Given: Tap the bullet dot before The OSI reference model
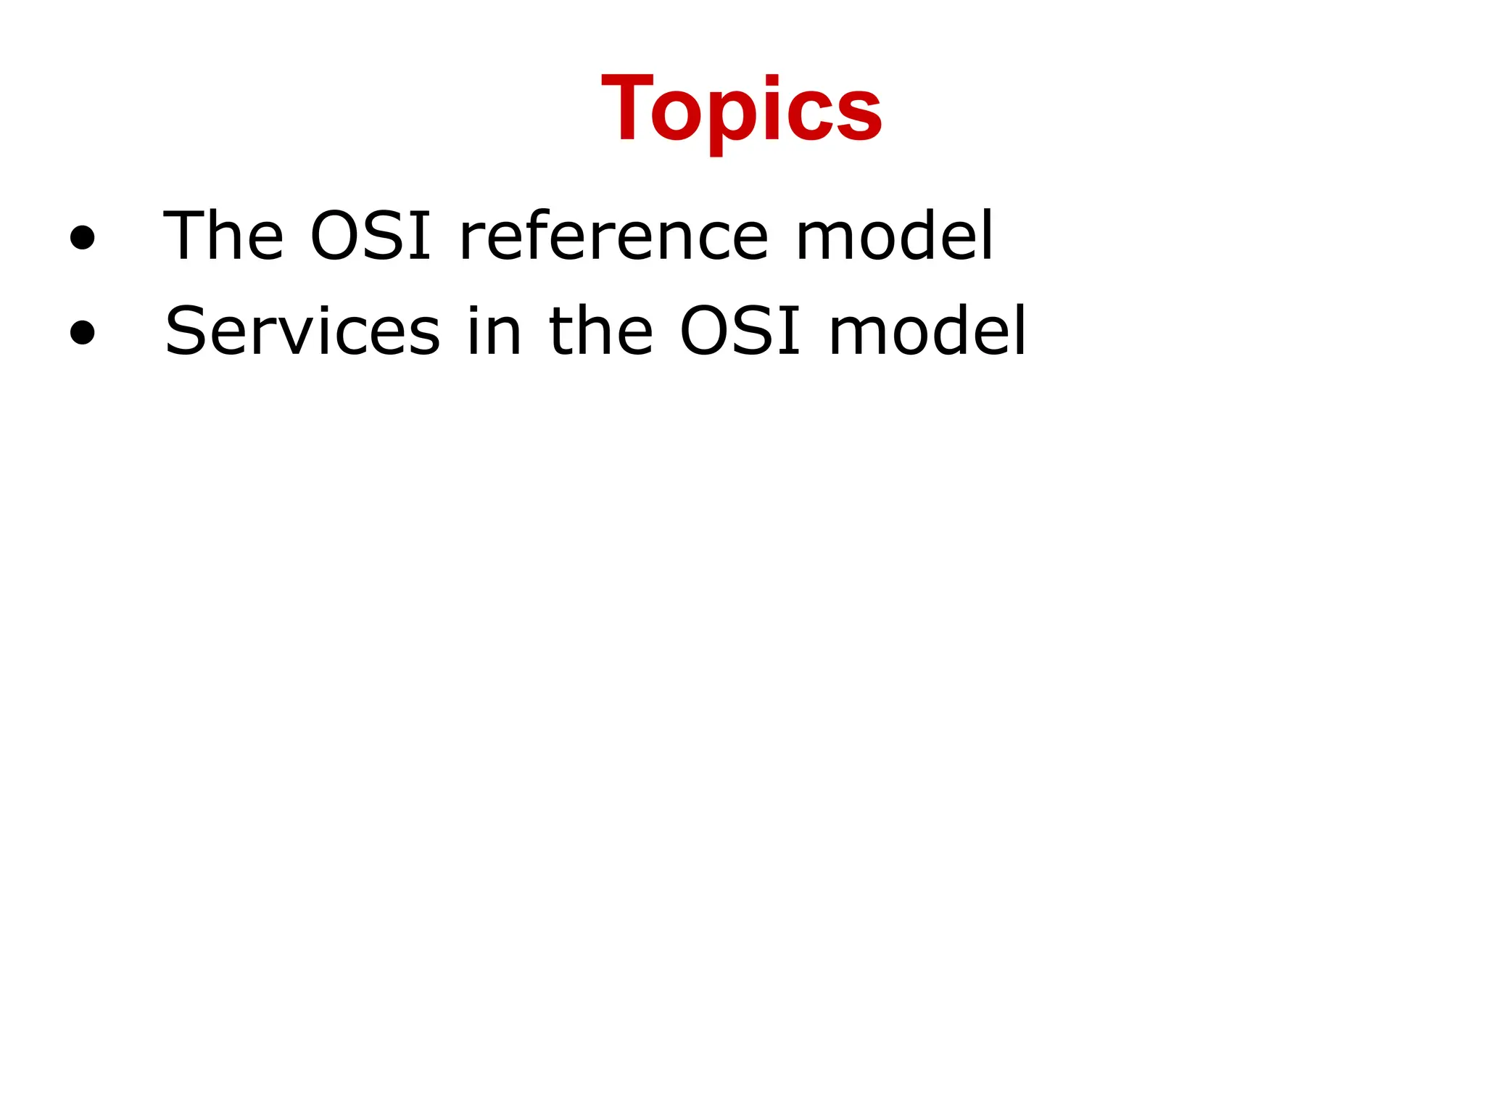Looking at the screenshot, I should pos(83,237).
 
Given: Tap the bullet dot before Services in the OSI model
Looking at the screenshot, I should pos(83,332).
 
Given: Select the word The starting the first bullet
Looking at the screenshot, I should pos(223,236).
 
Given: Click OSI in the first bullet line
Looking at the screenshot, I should pos(371,236).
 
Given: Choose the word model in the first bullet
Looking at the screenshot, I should pos(894,236).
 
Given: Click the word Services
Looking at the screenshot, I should pos(302,331).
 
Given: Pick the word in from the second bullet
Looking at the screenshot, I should pos(494,331).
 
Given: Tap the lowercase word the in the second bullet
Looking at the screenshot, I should pos(601,331).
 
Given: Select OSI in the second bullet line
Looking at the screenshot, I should pos(740,331).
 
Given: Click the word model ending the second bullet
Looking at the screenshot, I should pos(927,331).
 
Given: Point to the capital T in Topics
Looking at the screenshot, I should pos(627,109).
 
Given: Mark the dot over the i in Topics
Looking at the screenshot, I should pos(773,80).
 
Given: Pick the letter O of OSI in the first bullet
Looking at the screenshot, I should pos(336,236).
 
